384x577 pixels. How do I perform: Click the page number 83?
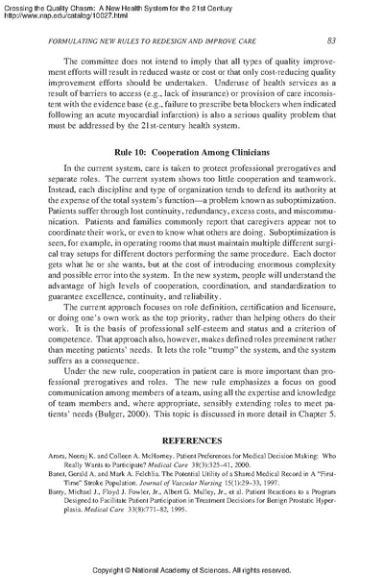pyautogui.click(x=329, y=39)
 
